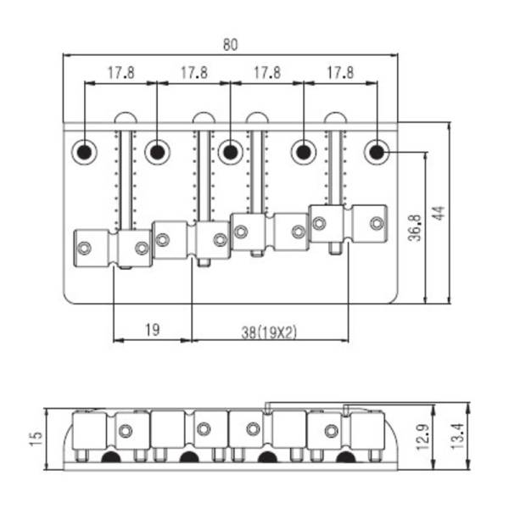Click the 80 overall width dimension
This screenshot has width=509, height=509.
[x=230, y=45]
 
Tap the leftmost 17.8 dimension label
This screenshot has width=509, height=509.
[x=120, y=73]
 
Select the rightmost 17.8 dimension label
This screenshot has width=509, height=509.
[x=340, y=73]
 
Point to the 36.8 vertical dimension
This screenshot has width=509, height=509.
[x=415, y=227]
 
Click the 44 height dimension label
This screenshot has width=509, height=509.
[x=439, y=213]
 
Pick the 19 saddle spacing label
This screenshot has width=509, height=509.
[x=152, y=330]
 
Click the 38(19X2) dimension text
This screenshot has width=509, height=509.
[x=269, y=333]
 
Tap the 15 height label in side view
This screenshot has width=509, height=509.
[x=36, y=439]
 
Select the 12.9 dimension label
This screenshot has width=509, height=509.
[x=423, y=437]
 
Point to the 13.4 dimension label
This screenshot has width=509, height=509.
[x=458, y=436]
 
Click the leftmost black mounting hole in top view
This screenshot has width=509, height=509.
[x=84, y=152]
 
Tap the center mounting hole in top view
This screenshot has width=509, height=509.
[x=231, y=152]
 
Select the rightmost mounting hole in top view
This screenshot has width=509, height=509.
[x=377, y=152]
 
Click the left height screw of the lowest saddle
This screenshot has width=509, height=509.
[x=84, y=249]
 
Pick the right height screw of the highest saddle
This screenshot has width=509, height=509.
[x=377, y=223]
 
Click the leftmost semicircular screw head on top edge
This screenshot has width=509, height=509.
[x=126, y=118]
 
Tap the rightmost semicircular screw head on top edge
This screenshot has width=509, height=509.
[x=336, y=118]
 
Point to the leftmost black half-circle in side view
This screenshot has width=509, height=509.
[x=111, y=457]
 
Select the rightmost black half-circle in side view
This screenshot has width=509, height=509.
[x=345, y=457]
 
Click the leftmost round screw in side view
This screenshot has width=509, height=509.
[x=126, y=431]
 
